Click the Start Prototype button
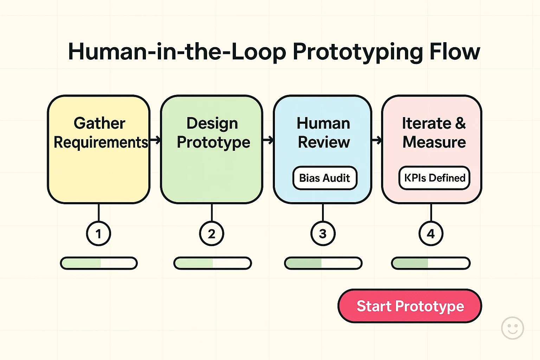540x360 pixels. click(x=410, y=306)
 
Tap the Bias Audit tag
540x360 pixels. click(x=324, y=178)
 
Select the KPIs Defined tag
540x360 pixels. click(x=435, y=178)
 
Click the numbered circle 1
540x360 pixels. click(x=98, y=233)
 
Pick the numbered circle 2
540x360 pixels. click(x=212, y=233)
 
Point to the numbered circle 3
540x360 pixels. click(x=323, y=233)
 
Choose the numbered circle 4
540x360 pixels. click(x=431, y=233)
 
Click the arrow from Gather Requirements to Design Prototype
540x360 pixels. click(x=155, y=140)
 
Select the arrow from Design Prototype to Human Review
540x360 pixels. click(x=268, y=140)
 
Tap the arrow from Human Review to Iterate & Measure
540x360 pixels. click(x=377, y=140)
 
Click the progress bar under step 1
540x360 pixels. click(x=99, y=263)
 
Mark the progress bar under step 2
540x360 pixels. click(x=213, y=263)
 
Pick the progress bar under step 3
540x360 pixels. click(x=323, y=263)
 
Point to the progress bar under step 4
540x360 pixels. click(x=431, y=263)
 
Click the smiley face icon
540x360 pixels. click(x=512, y=328)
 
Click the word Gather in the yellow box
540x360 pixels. click(x=99, y=123)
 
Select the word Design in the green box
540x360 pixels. click(x=212, y=123)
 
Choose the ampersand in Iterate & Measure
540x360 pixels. click(x=461, y=123)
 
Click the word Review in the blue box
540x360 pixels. click(x=324, y=142)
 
